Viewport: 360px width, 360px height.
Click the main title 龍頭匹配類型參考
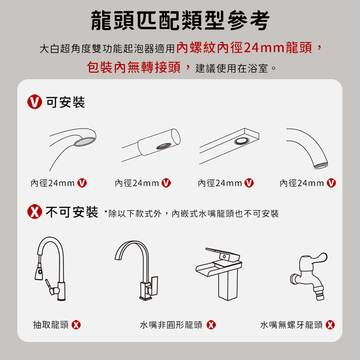(x=180, y=21)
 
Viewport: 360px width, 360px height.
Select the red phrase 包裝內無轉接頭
(x=134, y=67)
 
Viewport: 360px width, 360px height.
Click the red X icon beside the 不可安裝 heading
(x=35, y=213)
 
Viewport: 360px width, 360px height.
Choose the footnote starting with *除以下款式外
(x=191, y=213)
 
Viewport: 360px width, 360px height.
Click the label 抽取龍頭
(x=51, y=325)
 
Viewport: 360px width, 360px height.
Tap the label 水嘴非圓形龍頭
(x=171, y=325)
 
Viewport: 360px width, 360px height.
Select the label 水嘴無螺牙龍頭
(x=291, y=325)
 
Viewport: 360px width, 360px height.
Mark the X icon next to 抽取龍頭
(x=76, y=325)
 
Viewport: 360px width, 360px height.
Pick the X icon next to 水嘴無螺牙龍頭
(x=330, y=325)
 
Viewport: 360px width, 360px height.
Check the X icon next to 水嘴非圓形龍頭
(x=211, y=325)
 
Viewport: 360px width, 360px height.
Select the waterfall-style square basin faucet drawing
(x=219, y=272)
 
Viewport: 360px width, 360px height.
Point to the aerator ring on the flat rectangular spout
(x=242, y=141)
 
